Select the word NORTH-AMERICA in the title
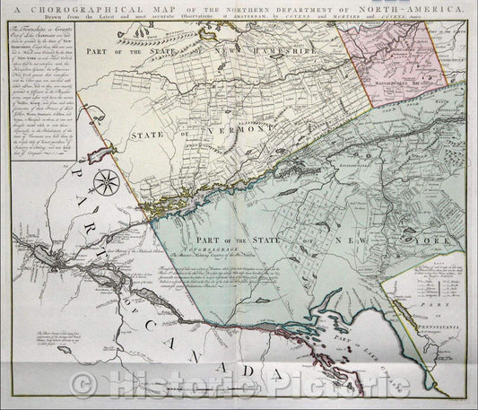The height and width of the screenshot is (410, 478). (418, 11)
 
